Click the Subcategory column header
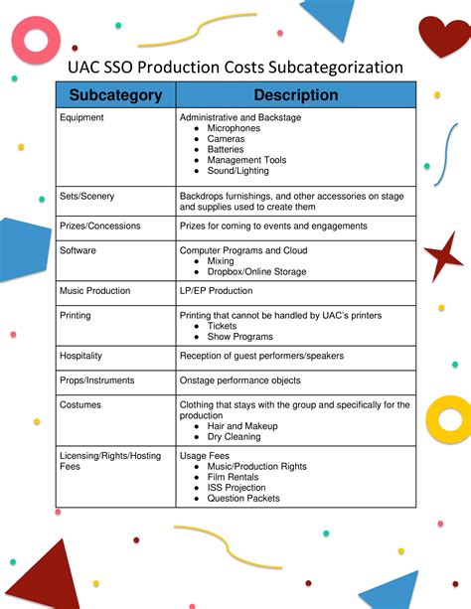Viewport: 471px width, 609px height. (x=115, y=95)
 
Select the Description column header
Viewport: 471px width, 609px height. (x=295, y=95)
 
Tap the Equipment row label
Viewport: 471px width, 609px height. (x=81, y=118)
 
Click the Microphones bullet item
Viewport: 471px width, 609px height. (x=234, y=129)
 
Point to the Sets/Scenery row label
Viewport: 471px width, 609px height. (x=87, y=197)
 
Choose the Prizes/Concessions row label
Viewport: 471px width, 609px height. (x=100, y=227)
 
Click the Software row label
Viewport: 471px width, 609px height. (x=78, y=251)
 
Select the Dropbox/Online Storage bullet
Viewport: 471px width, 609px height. (x=256, y=272)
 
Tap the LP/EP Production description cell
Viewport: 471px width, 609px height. (x=216, y=291)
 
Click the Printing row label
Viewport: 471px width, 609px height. (x=76, y=316)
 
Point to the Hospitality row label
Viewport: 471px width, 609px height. (x=81, y=356)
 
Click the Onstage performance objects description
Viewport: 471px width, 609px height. (x=239, y=381)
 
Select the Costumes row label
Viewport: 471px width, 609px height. (x=80, y=405)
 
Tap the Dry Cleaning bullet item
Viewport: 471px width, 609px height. (x=235, y=436)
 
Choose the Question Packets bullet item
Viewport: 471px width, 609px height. (x=243, y=499)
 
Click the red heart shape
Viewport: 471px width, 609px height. (x=443, y=37)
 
